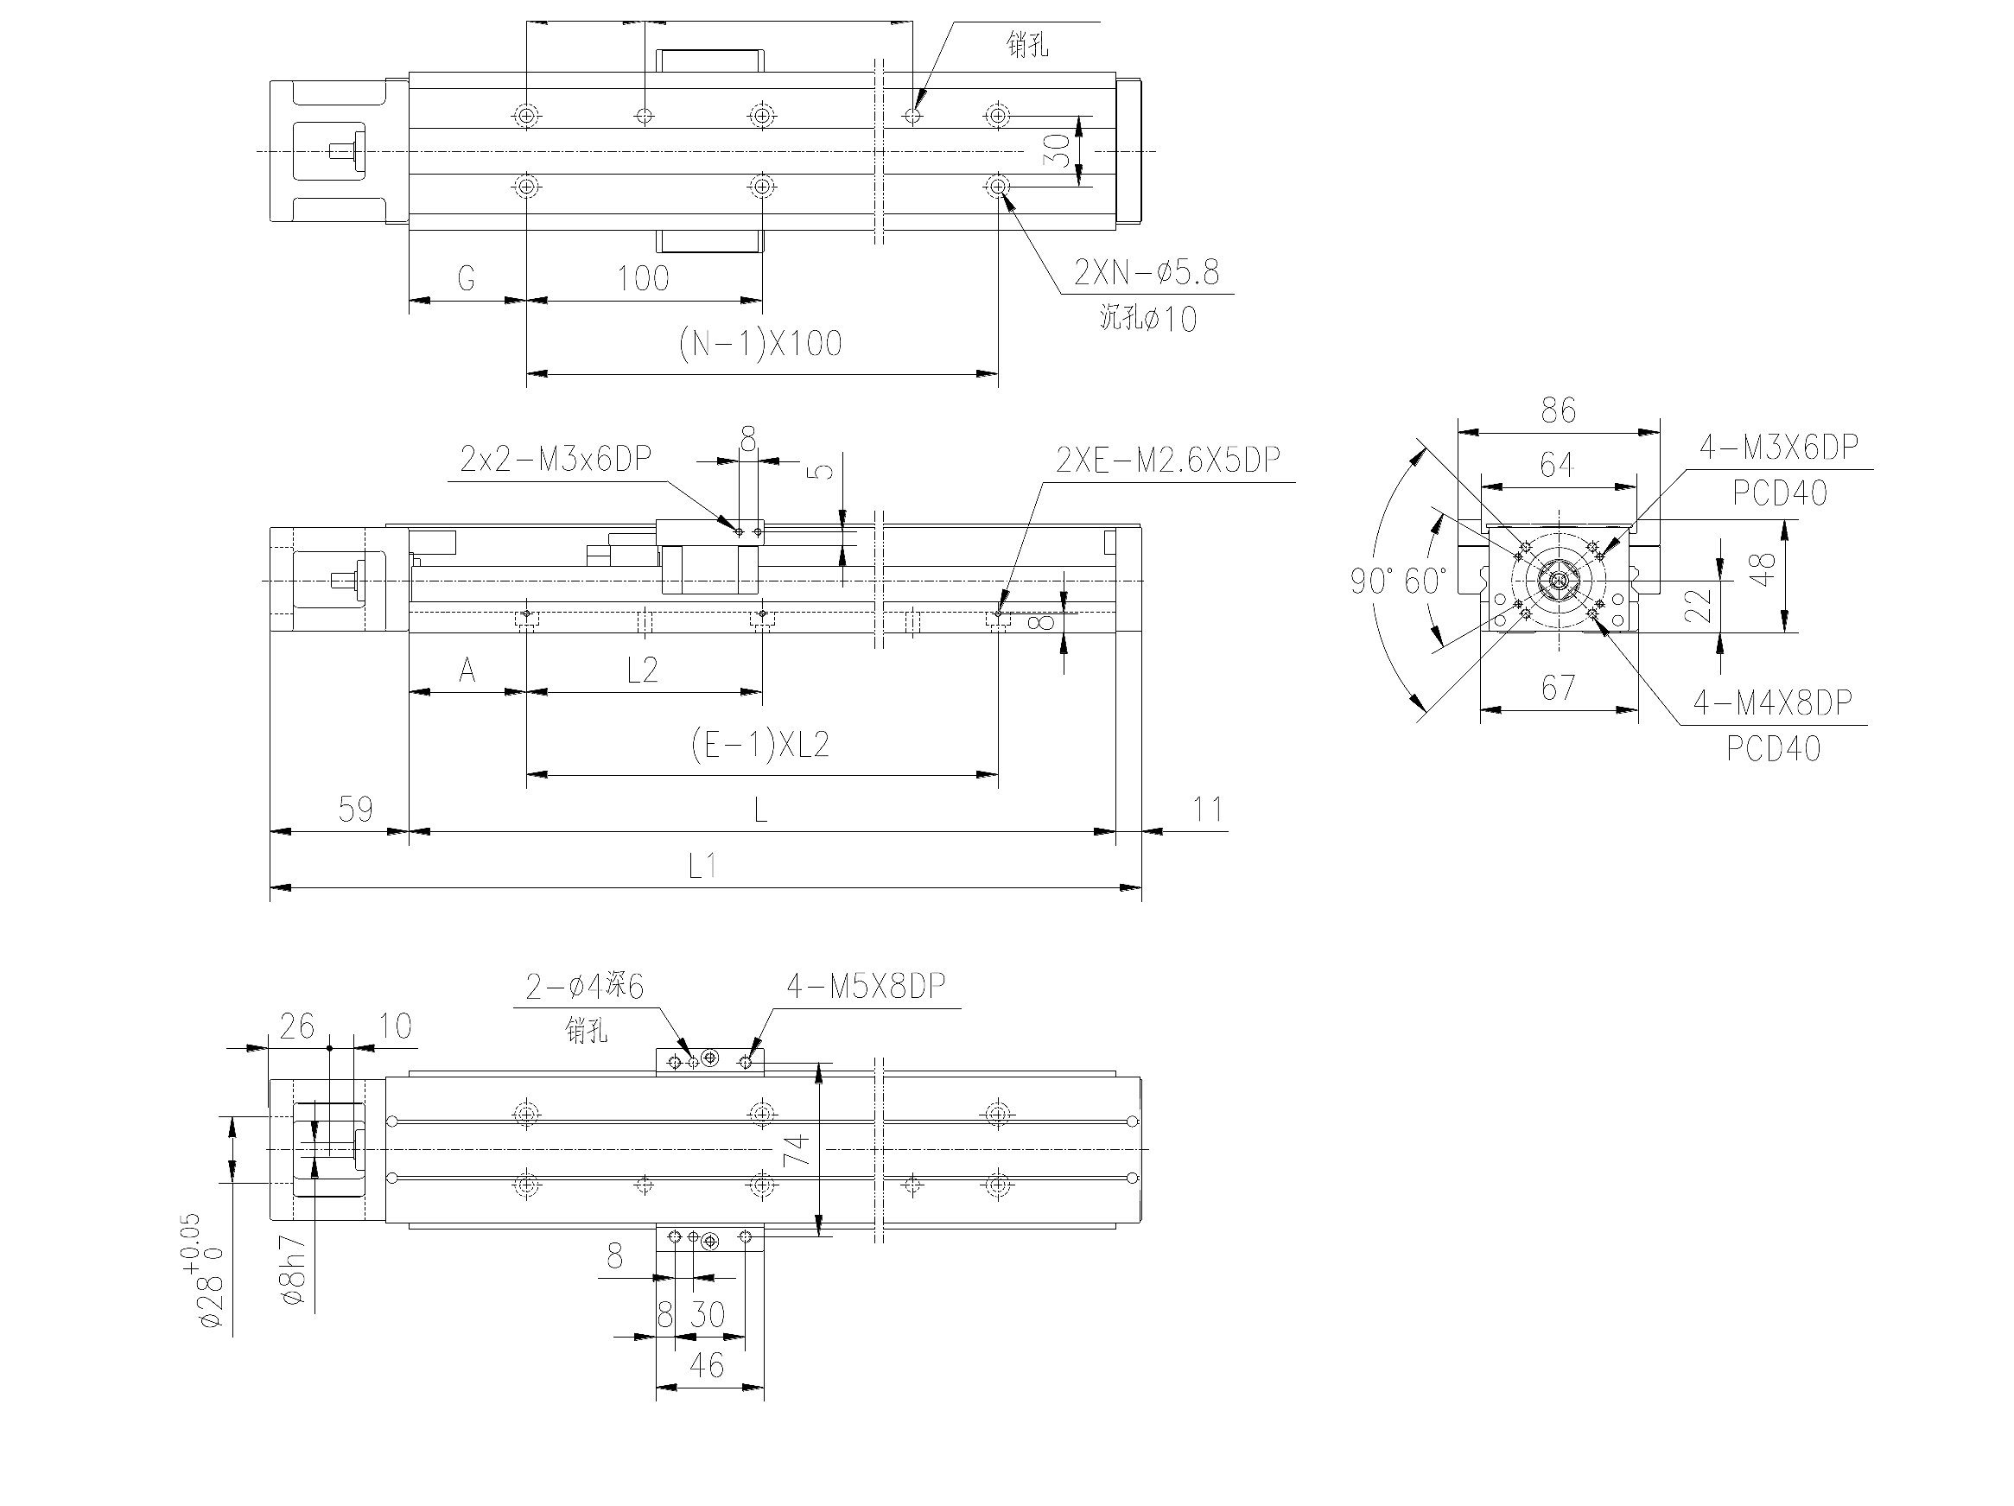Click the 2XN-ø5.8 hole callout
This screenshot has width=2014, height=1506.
pyautogui.click(x=1147, y=272)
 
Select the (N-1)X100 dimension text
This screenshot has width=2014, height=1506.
pyautogui.click(x=760, y=343)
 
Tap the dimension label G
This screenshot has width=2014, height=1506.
pyautogui.click(x=467, y=278)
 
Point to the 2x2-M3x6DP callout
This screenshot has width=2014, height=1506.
pyautogui.click(x=556, y=459)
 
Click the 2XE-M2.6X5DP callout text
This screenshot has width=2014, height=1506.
pyautogui.click(x=1168, y=460)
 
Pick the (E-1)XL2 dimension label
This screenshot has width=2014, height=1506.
pyautogui.click(x=760, y=746)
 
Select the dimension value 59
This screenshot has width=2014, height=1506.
pyautogui.click(x=355, y=809)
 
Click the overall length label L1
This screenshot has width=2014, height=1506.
pyautogui.click(x=702, y=865)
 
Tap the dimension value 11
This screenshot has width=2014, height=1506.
pyautogui.click(x=1207, y=809)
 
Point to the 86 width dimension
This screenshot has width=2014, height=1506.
pyautogui.click(x=1559, y=410)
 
